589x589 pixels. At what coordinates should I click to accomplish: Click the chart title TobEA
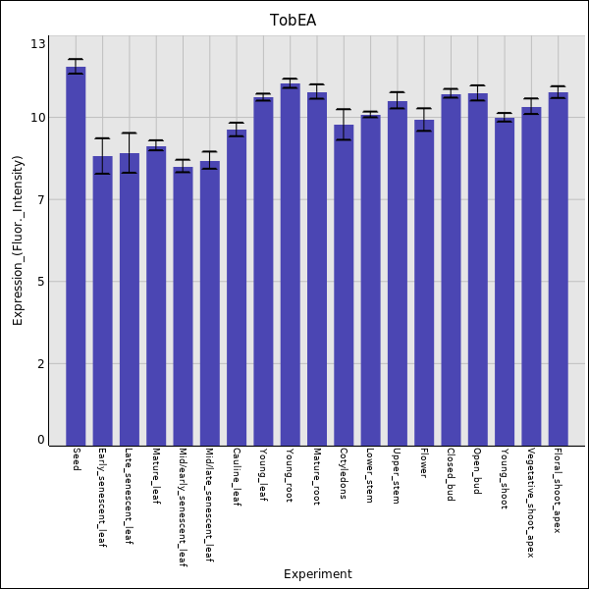click(293, 21)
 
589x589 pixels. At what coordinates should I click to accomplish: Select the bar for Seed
click(76, 255)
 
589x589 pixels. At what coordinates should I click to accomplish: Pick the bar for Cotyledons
click(344, 285)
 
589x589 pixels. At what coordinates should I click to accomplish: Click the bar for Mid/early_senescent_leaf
click(183, 305)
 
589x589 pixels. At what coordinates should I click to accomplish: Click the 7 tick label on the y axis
click(40, 200)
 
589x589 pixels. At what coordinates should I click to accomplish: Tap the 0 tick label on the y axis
click(40, 440)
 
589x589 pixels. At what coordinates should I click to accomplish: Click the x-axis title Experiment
click(317, 574)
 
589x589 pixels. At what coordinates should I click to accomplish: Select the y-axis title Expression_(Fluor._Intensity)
click(18, 241)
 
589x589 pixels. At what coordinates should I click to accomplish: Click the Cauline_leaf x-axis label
click(237, 477)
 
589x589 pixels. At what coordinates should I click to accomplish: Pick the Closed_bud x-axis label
click(451, 474)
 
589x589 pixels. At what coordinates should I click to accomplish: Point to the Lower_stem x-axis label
click(370, 475)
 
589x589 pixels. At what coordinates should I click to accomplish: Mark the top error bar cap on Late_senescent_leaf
click(129, 133)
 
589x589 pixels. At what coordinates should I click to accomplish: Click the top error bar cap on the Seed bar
click(76, 59)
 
